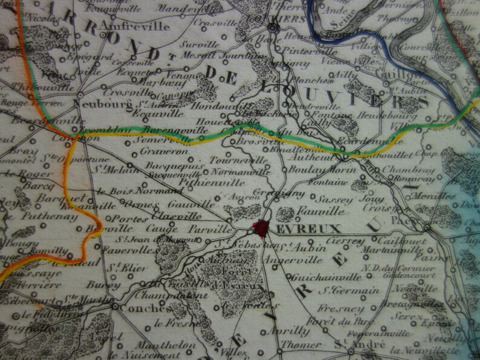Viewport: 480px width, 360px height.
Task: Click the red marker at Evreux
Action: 261,228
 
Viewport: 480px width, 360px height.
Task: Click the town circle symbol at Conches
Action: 115,307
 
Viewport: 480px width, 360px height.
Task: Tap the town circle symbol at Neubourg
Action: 80,94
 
